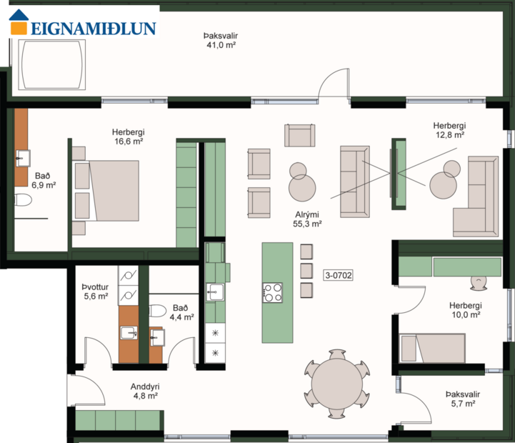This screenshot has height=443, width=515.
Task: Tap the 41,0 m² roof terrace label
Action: point(220,39)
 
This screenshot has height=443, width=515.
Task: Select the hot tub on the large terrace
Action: point(51,64)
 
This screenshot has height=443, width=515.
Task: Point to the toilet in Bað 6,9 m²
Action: point(24,201)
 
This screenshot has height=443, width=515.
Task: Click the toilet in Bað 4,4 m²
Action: point(159,312)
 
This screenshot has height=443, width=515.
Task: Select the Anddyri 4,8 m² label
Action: point(144,391)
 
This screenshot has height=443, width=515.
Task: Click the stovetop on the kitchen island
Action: point(273,292)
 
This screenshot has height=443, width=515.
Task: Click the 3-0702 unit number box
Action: point(339,274)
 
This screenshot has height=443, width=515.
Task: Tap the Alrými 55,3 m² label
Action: point(306,219)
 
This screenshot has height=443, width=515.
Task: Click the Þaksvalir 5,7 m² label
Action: point(462,398)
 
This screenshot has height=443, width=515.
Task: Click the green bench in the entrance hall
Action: point(118,420)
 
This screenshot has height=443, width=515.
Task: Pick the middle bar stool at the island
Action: point(307,271)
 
